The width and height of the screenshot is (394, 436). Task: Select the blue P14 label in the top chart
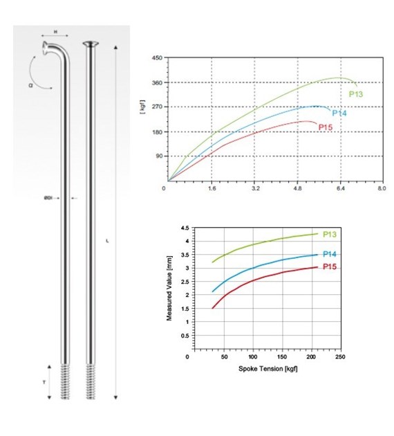339,113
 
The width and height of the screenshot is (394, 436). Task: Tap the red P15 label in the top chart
326,127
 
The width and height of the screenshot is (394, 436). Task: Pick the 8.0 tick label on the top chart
382,188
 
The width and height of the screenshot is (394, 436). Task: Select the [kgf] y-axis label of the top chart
142,107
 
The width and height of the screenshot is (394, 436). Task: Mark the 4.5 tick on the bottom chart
184,228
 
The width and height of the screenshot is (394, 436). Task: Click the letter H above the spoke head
55,32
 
